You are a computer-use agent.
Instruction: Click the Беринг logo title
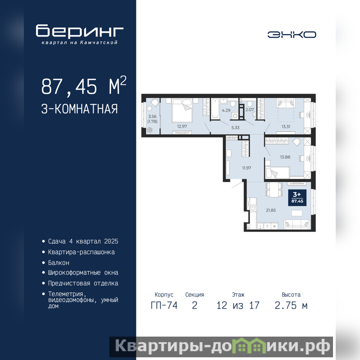tap(80, 31)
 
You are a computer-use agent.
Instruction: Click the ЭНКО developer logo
tap(292, 35)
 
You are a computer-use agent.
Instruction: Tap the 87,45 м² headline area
tap(84, 86)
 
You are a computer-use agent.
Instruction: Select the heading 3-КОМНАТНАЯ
tap(80, 109)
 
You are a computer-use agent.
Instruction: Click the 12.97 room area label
tap(182, 126)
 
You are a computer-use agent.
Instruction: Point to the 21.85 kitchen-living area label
tap(271, 210)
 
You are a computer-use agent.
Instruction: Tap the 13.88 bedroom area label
tap(285, 157)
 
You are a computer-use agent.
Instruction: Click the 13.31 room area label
tap(286, 126)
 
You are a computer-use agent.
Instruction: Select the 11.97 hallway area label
tap(246, 168)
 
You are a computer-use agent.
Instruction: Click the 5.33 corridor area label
tap(235, 128)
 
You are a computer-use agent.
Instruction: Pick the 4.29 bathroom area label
tap(226, 110)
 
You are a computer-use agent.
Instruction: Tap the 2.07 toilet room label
tap(250, 110)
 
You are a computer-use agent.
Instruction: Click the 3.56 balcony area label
tap(152, 117)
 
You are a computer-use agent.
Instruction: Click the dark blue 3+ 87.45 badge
tap(297, 198)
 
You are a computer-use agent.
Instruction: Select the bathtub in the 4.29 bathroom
tap(216, 108)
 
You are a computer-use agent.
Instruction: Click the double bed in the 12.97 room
tap(182, 111)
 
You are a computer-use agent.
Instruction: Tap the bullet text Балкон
tap(58, 263)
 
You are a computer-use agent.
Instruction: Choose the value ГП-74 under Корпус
tap(164, 306)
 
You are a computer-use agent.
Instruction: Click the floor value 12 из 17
tap(238, 306)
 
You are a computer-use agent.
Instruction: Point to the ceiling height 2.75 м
tap(291, 306)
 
